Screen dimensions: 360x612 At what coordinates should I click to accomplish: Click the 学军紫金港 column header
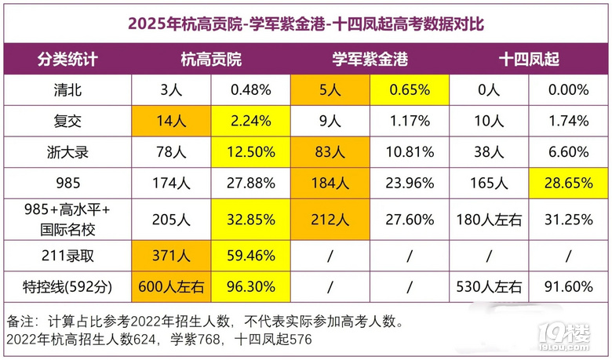click(370, 60)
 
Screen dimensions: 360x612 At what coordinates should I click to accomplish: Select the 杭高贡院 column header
click(210, 60)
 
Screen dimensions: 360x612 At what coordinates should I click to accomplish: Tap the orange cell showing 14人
click(171, 121)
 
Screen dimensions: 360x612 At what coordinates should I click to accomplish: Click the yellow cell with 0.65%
click(409, 89)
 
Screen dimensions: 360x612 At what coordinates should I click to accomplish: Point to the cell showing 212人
click(330, 219)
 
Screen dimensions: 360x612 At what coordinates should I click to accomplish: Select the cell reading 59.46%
click(251, 254)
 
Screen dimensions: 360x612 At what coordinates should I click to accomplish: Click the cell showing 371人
click(171, 254)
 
